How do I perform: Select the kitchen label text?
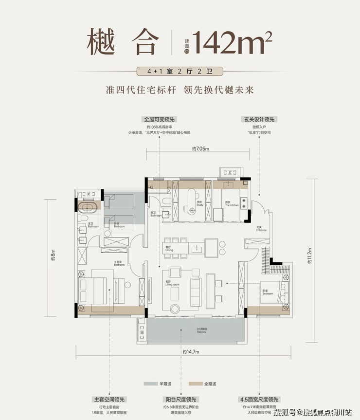[231, 204]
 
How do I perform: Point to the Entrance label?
[261, 229]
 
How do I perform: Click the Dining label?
[168, 248]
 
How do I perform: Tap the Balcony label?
[201, 331]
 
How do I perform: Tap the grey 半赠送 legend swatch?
[150, 383]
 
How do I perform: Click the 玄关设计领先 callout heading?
[258, 119]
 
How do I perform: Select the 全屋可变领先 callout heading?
[159, 119]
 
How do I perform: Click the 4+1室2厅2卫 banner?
[180, 71]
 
